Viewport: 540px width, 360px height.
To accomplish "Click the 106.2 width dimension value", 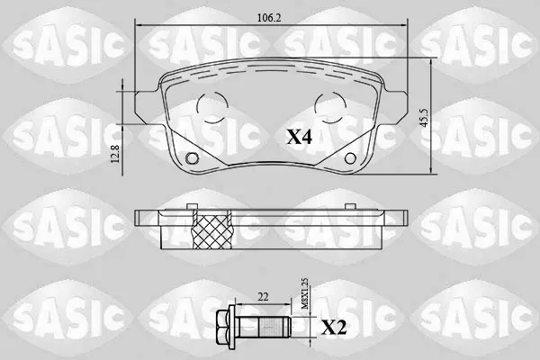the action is coord(269,18).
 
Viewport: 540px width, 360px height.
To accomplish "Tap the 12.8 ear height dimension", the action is coord(115,154).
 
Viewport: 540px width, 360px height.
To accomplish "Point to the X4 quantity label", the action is coord(300,138).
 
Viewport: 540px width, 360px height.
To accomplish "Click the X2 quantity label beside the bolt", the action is coord(334,328).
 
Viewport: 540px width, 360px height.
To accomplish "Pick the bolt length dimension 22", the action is coord(263,297).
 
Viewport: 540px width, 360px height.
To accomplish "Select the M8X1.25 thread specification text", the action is coord(305,294).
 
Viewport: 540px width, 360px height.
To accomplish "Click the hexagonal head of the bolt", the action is coord(223,326).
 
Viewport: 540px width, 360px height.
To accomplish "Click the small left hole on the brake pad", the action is coord(193,158).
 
